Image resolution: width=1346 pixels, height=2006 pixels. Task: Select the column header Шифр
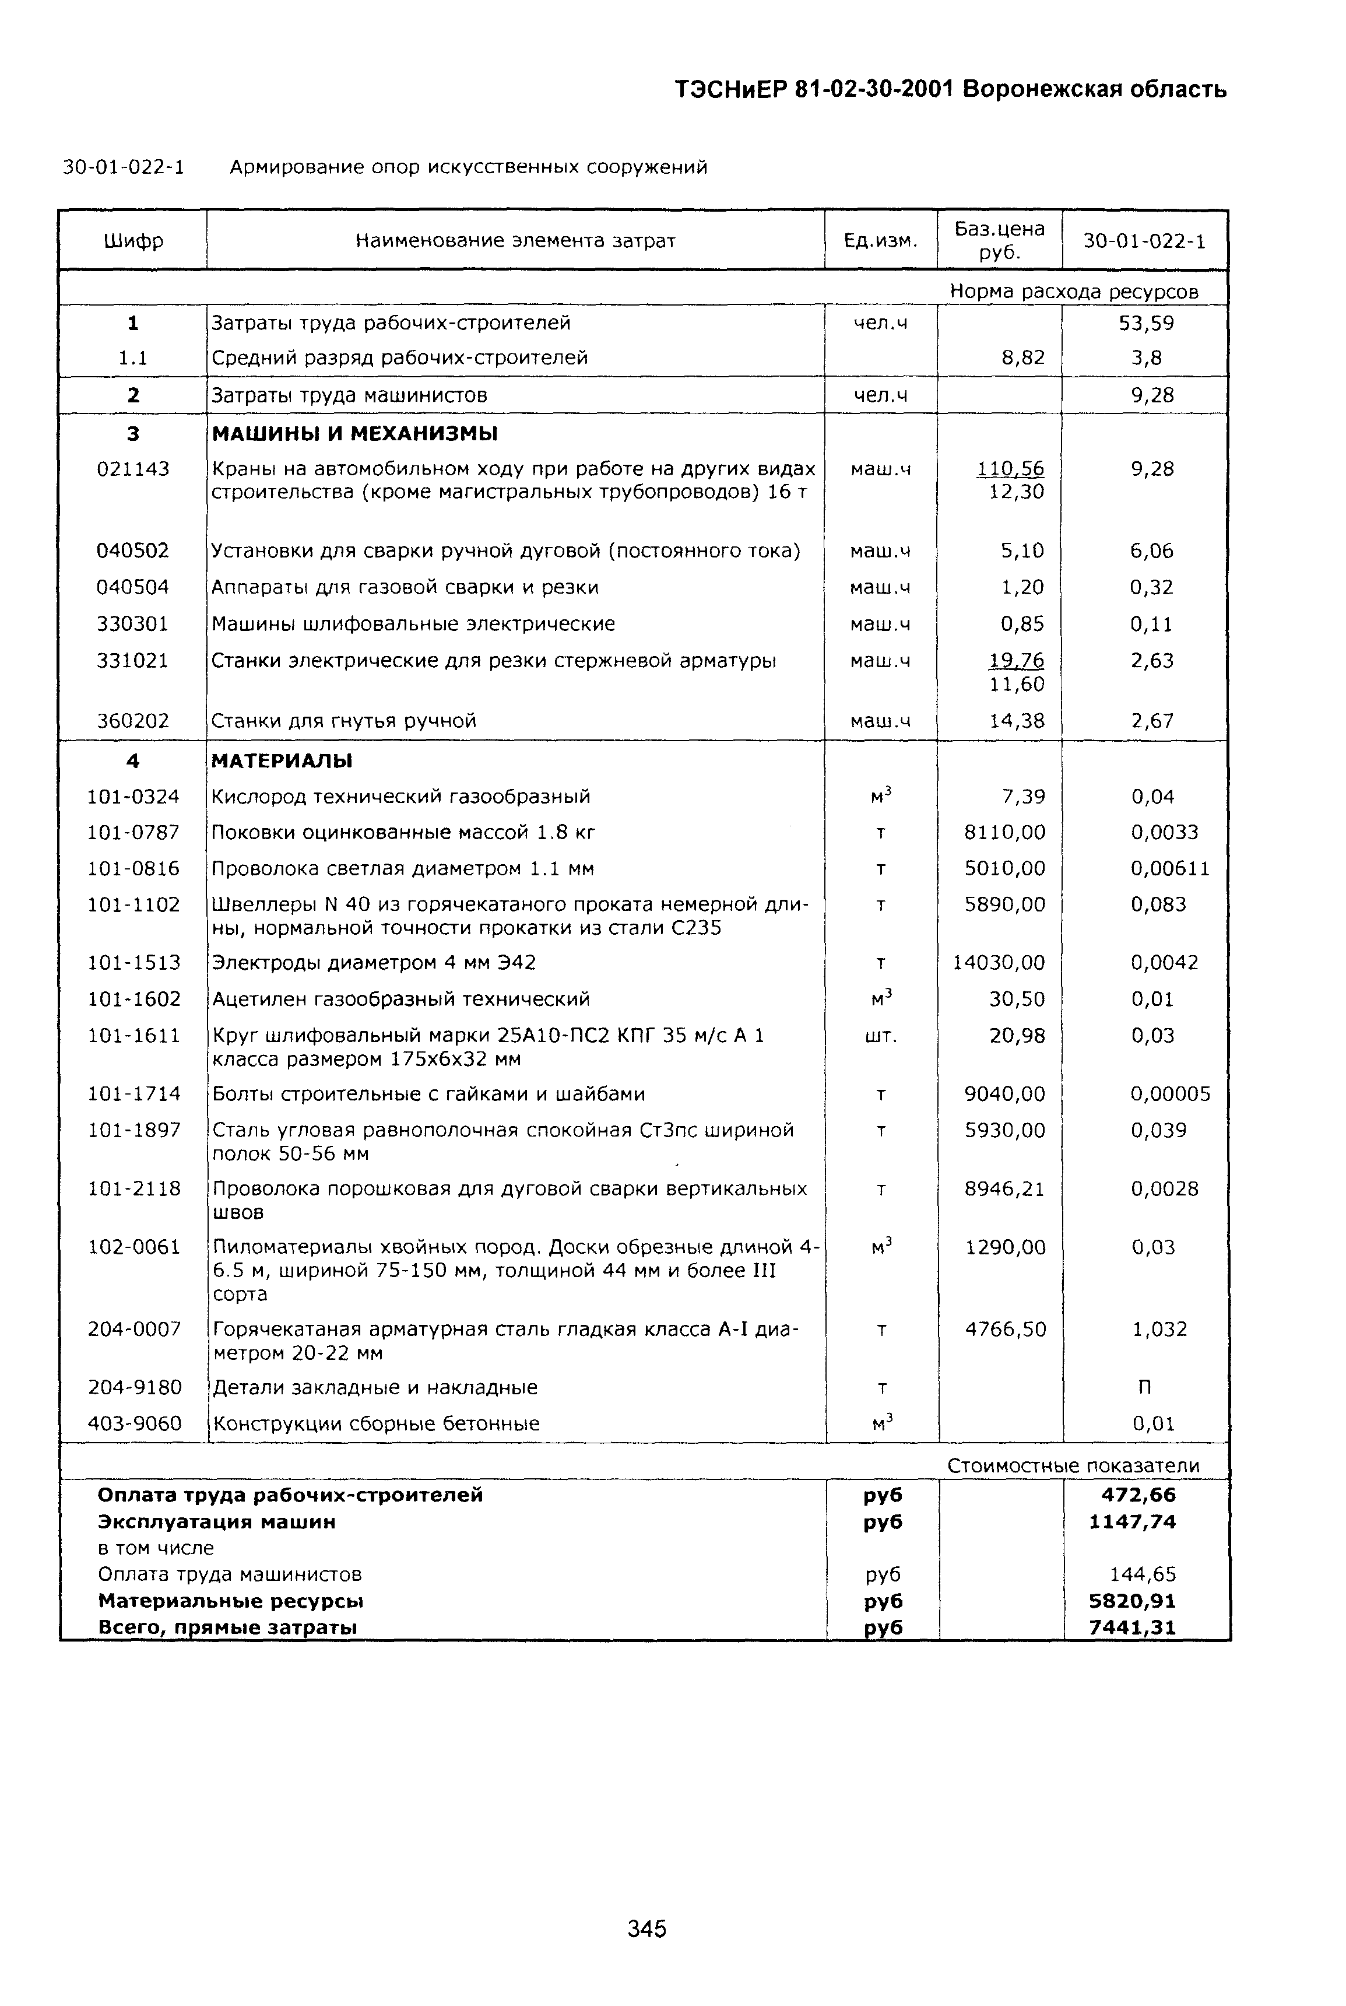pyautogui.click(x=133, y=241)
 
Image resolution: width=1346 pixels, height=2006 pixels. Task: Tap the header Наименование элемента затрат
pyautogui.click(x=515, y=241)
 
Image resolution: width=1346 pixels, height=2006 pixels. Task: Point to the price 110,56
pyautogui.click(x=1010, y=469)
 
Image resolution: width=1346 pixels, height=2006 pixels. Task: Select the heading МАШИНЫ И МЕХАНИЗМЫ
pyautogui.click(x=354, y=434)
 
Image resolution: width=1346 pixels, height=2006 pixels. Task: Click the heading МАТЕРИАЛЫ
pyautogui.click(x=282, y=761)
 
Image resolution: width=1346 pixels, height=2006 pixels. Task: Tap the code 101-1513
pyautogui.click(x=134, y=963)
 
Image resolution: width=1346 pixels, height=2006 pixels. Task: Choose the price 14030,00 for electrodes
pyautogui.click(x=999, y=963)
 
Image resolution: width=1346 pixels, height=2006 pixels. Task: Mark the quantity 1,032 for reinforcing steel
pyautogui.click(x=1159, y=1330)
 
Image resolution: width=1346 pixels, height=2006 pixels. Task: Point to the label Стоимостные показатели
pyautogui.click(x=1073, y=1466)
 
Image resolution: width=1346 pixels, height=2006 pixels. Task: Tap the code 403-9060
pyautogui.click(x=135, y=1424)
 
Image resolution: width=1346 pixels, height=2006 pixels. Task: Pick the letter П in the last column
pyautogui.click(x=1144, y=1388)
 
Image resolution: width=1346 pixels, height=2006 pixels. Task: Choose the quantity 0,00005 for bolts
pyautogui.click(x=1170, y=1094)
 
